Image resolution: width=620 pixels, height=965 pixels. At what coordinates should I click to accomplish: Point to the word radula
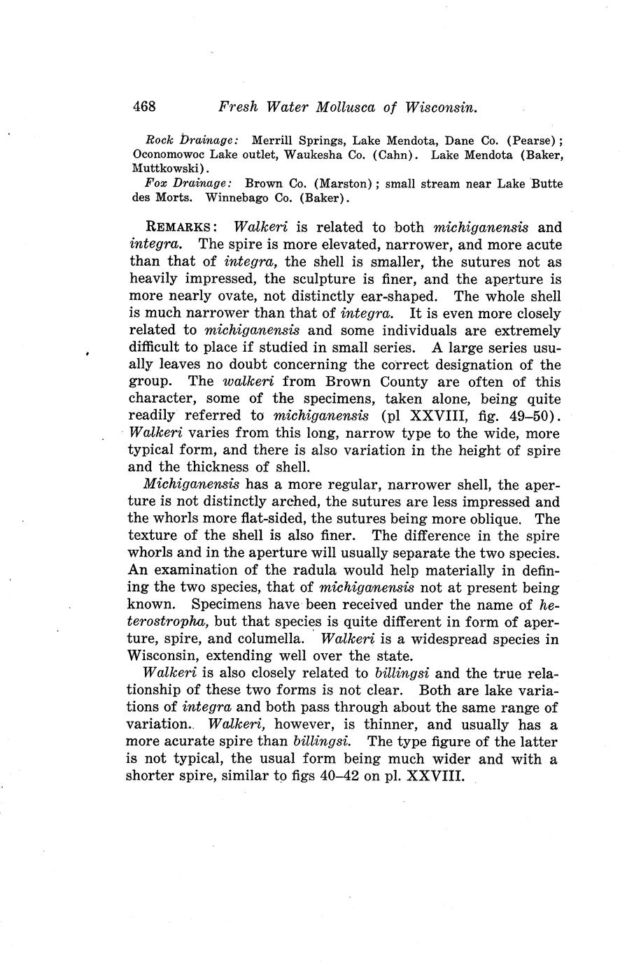tap(355, 570)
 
